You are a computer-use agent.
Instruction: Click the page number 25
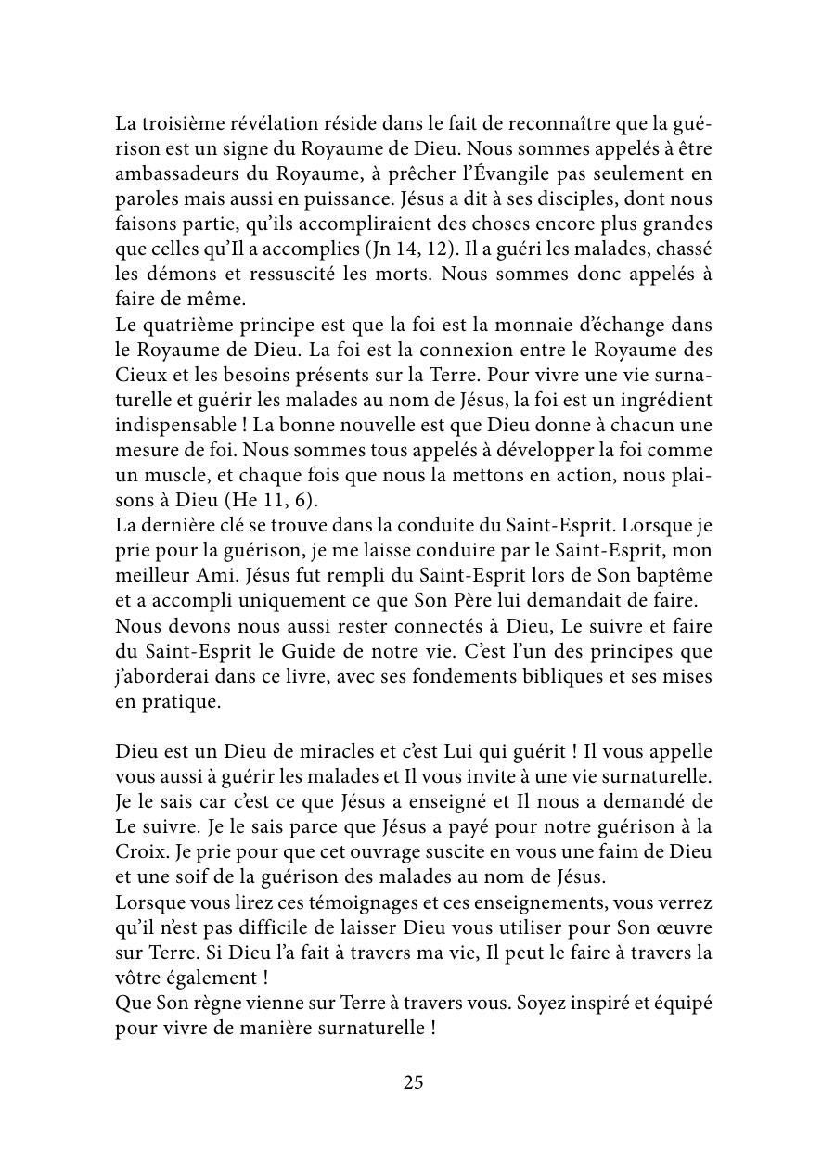(x=413, y=1081)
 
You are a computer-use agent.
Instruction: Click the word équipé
(x=680, y=1002)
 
